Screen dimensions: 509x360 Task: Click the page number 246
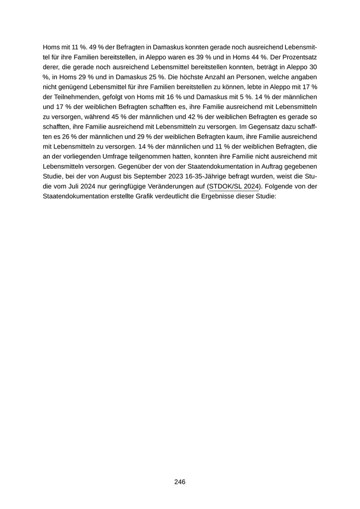coord(179,482)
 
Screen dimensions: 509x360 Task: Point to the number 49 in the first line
coord(81,46)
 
